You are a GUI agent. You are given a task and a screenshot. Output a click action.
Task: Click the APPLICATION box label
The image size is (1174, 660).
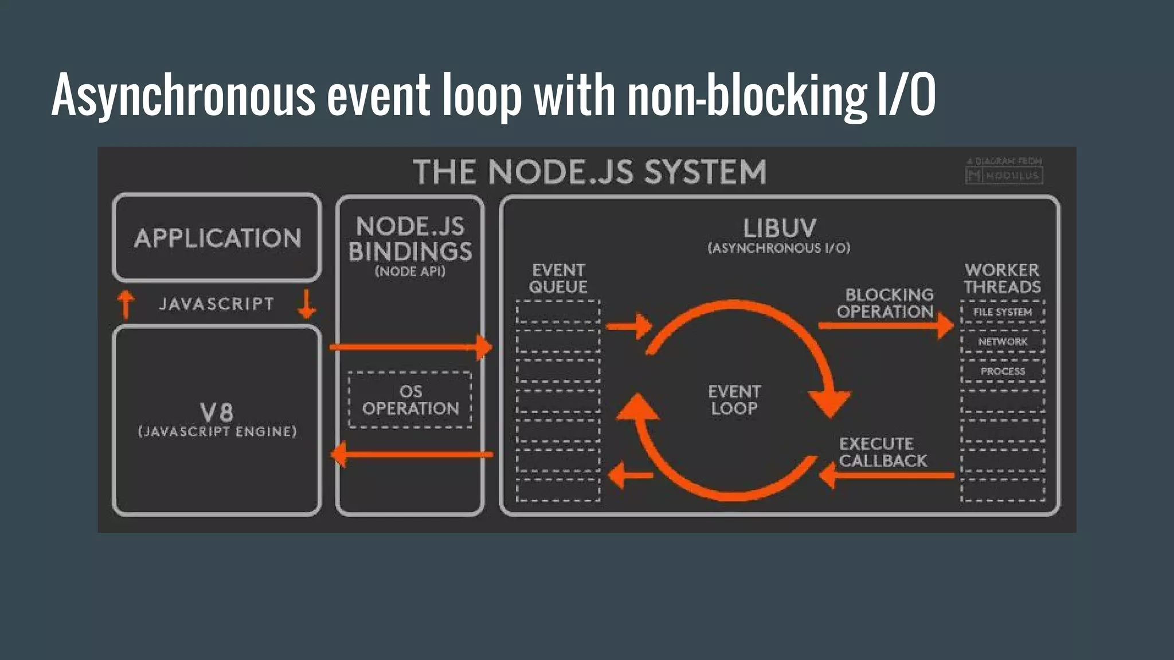(x=217, y=238)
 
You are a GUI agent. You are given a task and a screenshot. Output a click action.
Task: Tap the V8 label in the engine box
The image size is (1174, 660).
(x=217, y=411)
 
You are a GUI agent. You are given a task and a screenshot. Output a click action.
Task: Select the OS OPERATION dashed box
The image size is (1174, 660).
(x=410, y=400)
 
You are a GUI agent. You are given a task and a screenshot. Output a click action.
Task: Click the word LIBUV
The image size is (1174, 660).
(x=779, y=229)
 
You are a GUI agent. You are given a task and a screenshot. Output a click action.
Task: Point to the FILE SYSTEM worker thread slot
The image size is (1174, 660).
(x=1003, y=312)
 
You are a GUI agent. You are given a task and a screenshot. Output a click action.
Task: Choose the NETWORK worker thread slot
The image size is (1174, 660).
(x=1003, y=341)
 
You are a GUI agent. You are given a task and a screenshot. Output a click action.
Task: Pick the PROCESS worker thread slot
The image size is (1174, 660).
(x=1003, y=371)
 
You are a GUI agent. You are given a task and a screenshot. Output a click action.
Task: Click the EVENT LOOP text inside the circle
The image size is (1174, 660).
(x=734, y=400)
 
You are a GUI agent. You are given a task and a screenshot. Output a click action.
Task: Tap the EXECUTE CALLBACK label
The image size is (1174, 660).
(x=882, y=452)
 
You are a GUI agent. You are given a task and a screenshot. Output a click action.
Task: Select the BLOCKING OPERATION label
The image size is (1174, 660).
(x=885, y=303)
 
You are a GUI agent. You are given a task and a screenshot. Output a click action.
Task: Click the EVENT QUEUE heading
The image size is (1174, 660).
(x=558, y=278)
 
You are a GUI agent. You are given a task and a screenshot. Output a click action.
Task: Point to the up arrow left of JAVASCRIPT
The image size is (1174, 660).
(x=126, y=304)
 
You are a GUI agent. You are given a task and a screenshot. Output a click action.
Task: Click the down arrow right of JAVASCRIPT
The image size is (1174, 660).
(x=307, y=304)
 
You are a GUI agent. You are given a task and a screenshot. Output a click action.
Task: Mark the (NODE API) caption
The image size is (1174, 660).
(x=410, y=272)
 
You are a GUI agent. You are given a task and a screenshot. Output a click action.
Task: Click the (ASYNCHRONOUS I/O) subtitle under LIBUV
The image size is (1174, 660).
(x=779, y=248)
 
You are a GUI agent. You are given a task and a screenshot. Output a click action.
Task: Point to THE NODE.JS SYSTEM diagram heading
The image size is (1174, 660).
(x=589, y=172)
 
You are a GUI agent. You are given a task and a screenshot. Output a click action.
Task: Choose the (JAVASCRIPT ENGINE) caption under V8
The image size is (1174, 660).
(x=217, y=431)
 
